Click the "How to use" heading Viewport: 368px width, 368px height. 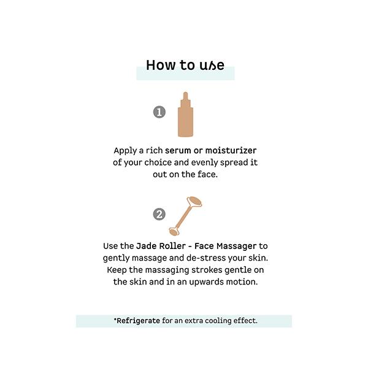point(185,65)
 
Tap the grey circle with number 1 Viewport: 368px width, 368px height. point(159,112)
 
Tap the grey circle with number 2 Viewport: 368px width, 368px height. point(159,214)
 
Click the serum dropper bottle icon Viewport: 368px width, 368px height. point(185,114)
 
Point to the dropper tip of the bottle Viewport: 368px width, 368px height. point(185,93)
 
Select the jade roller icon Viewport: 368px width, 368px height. point(185,216)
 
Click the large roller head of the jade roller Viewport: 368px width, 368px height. point(194,201)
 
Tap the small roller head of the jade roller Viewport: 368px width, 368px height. point(174,232)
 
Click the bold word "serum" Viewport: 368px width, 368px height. point(178,150)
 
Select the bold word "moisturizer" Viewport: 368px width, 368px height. point(231,150)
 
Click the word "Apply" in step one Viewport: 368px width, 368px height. point(125,151)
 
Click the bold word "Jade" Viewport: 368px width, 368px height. point(147,246)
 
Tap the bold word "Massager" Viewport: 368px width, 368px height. point(237,247)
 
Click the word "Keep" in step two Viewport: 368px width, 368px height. point(117,270)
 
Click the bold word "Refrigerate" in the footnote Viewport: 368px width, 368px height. point(138,321)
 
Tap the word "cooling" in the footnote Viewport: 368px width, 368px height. point(218,321)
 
